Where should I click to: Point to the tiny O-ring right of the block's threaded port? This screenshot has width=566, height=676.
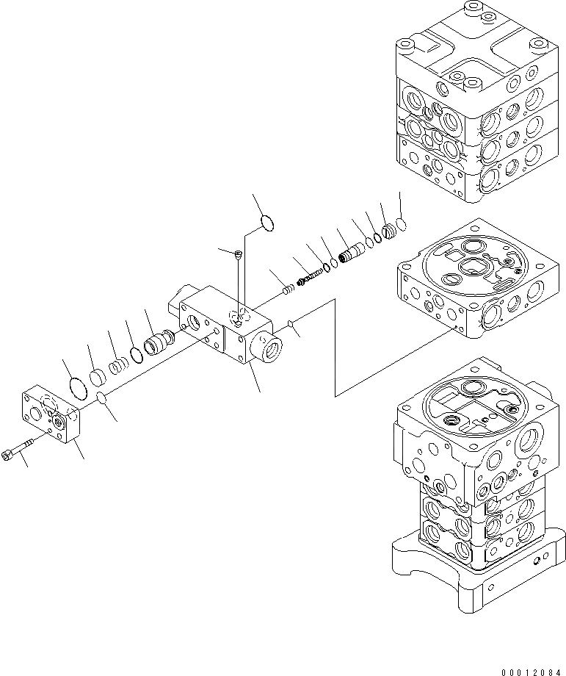point(292,323)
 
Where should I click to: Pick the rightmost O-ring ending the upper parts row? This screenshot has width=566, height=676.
point(401,224)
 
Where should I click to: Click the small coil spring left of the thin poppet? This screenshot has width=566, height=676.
point(290,290)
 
